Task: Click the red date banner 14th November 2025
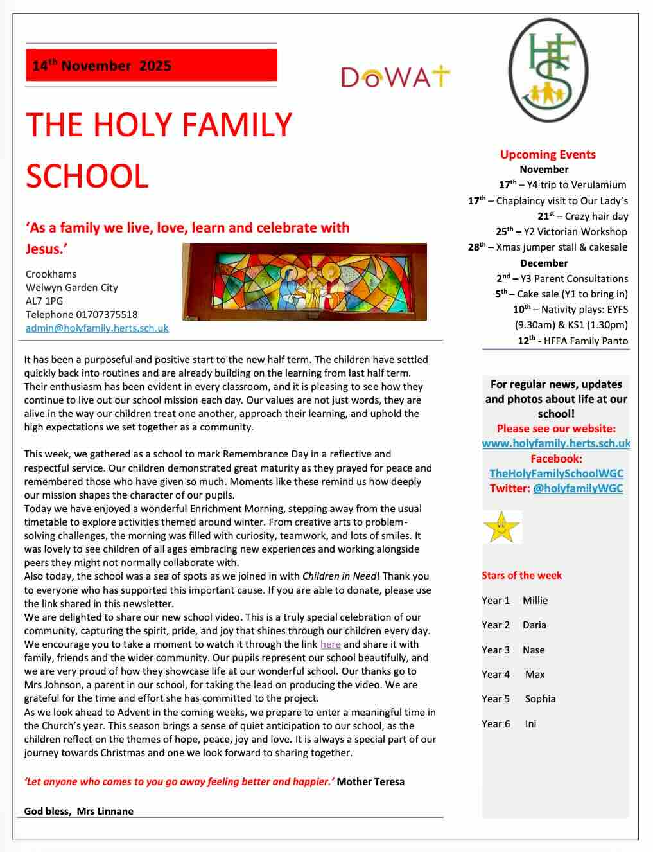[x=151, y=66]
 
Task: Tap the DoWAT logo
[x=396, y=77]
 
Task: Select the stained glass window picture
[x=304, y=281]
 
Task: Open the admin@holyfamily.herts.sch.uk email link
[x=97, y=328]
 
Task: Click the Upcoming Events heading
[x=548, y=154]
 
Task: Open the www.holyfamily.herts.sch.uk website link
[x=556, y=443]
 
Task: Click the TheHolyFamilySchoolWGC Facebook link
[x=556, y=474]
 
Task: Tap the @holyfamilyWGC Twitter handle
[x=578, y=488]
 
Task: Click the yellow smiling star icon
[x=502, y=527]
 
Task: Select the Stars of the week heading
[x=521, y=576]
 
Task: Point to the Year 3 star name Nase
[x=534, y=650]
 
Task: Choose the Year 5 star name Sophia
[x=540, y=699]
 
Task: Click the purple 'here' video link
[x=330, y=644]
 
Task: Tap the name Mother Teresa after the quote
[x=370, y=782]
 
